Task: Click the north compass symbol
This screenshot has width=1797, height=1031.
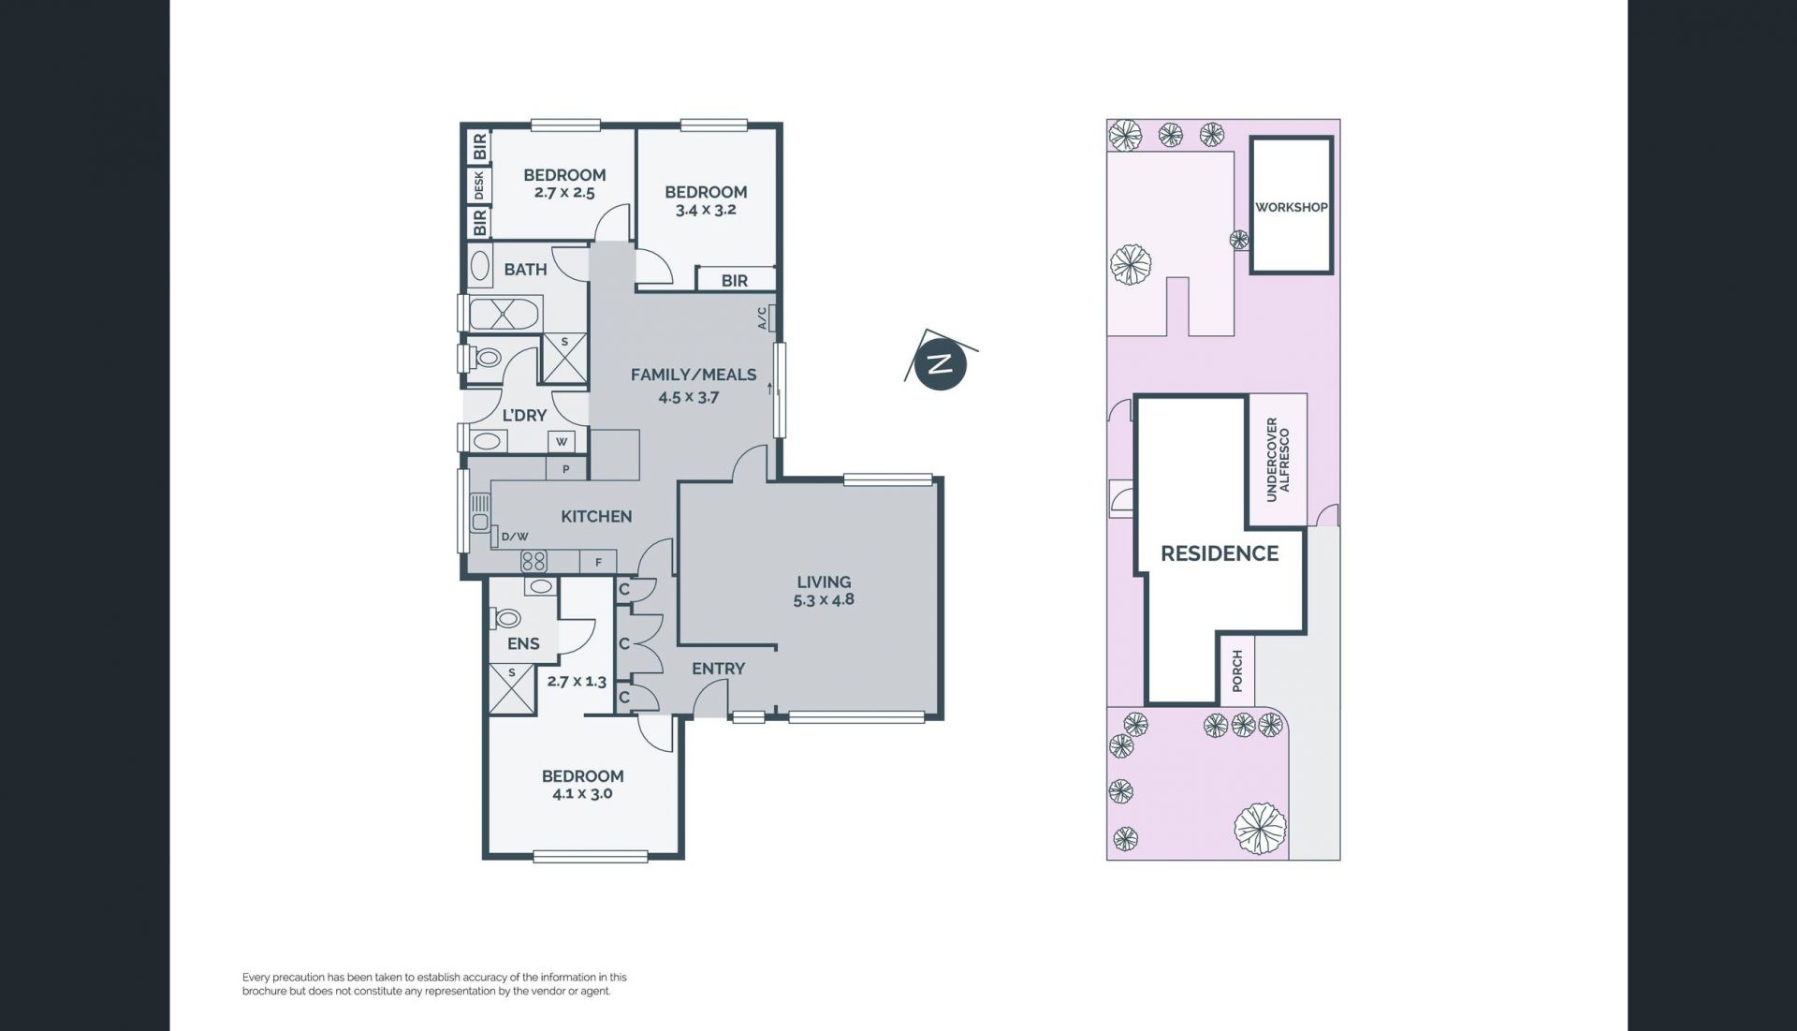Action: (x=940, y=363)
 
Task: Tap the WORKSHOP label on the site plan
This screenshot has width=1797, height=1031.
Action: (x=1291, y=207)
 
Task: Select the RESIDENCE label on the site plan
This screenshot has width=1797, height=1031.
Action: (x=1220, y=553)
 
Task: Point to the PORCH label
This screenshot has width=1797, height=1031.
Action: (x=1237, y=670)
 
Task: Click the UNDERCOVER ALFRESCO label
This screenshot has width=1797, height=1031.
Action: (x=1278, y=460)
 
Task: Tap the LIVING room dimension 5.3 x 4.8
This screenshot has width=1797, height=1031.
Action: (x=824, y=599)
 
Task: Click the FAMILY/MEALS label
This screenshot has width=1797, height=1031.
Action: (x=694, y=375)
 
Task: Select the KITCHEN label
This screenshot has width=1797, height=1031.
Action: (x=596, y=516)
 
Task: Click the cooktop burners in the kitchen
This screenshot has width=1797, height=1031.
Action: (x=533, y=562)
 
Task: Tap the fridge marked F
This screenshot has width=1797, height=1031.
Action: (x=599, y=562)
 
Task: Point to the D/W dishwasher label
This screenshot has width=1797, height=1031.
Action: (x=515, y=537)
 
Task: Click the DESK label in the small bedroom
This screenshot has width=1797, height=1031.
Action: (x=479, y=184)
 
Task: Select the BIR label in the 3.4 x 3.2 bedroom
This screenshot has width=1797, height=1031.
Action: (x=735, y=280)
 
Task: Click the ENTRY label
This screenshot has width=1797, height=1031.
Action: (x=719, y=669)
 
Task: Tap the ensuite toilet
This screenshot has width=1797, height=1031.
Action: (x=506, y=618)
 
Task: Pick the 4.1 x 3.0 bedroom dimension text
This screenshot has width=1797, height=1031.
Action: (x=582, y=794)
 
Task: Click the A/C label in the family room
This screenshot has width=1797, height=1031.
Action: (x=762, y=318)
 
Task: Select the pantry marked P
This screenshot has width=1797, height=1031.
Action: (x=566, y=469)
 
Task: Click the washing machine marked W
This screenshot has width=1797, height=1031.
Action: (x=562, y=441)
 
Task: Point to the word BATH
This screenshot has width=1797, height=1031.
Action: (x=525, y=270)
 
